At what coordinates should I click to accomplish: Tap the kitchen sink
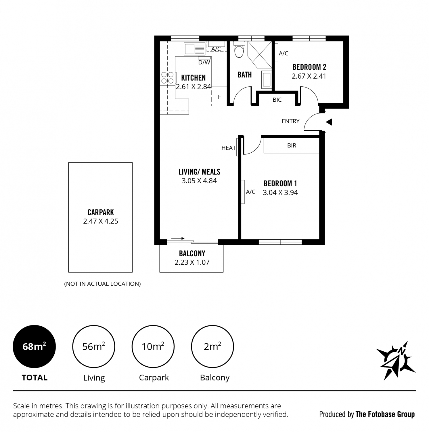coord(194,49)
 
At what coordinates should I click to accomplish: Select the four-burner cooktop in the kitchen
coord(167,77)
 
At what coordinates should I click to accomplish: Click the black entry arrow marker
coord(329,122)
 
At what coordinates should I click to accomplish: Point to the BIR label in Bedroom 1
coord(292,145)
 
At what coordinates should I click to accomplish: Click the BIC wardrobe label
coord(277,100)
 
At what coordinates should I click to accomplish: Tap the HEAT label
coord(229,148)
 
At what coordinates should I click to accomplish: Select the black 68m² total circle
coord(34,346)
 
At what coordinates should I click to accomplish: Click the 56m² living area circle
coord(94,346)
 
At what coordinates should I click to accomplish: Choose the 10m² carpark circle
coord(153,346)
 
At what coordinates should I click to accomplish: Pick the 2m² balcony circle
coord(212,346)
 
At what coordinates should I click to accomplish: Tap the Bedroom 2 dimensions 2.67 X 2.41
coord(309,76)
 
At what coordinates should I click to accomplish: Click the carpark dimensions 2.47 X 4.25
coord(101,221)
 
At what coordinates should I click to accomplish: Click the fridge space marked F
coord(219,97)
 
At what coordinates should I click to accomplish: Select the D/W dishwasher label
coord(204,62)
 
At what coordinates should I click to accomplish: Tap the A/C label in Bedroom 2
coord(284,53)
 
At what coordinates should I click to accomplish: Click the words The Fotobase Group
coord(385,414)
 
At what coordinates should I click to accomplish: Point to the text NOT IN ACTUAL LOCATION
coord(102,284)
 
